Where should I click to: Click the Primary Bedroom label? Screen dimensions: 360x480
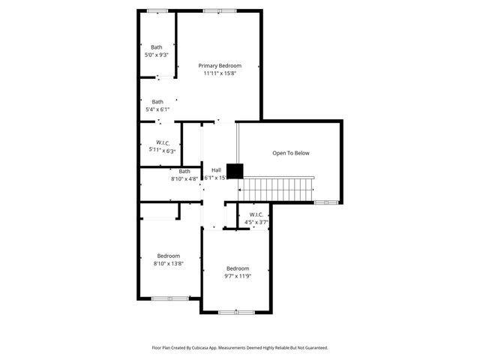[x=219, y=66]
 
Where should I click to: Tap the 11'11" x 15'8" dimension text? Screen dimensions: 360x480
[x=219, y=73]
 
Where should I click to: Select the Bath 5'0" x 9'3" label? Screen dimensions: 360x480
[x=157, y=47]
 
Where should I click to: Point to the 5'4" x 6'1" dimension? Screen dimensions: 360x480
[x=157, y=109]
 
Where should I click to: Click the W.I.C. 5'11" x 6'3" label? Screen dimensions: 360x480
[x=163, y=143]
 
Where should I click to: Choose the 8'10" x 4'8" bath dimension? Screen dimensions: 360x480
[x=184, y=178]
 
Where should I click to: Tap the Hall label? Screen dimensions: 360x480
[x=216, y=170]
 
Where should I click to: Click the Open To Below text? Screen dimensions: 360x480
[x=290, y=153]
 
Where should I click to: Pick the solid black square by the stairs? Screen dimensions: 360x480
[x=235, y=171]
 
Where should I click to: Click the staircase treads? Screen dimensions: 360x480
[x=280, y=189]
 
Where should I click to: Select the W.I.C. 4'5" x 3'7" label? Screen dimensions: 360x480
[x=256, y=214]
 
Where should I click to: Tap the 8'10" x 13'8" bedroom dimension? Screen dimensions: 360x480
[x=169, y=263]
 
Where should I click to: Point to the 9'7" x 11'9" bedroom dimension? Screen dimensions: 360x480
[x=238, y=276]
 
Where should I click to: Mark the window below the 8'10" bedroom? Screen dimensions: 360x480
[x=169, y=298]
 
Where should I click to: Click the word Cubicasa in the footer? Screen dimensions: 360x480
[x=198, y=348]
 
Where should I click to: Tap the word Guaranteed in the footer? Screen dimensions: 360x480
[x=313, y=348]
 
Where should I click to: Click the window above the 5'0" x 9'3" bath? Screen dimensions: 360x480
[x=157, y=10]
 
